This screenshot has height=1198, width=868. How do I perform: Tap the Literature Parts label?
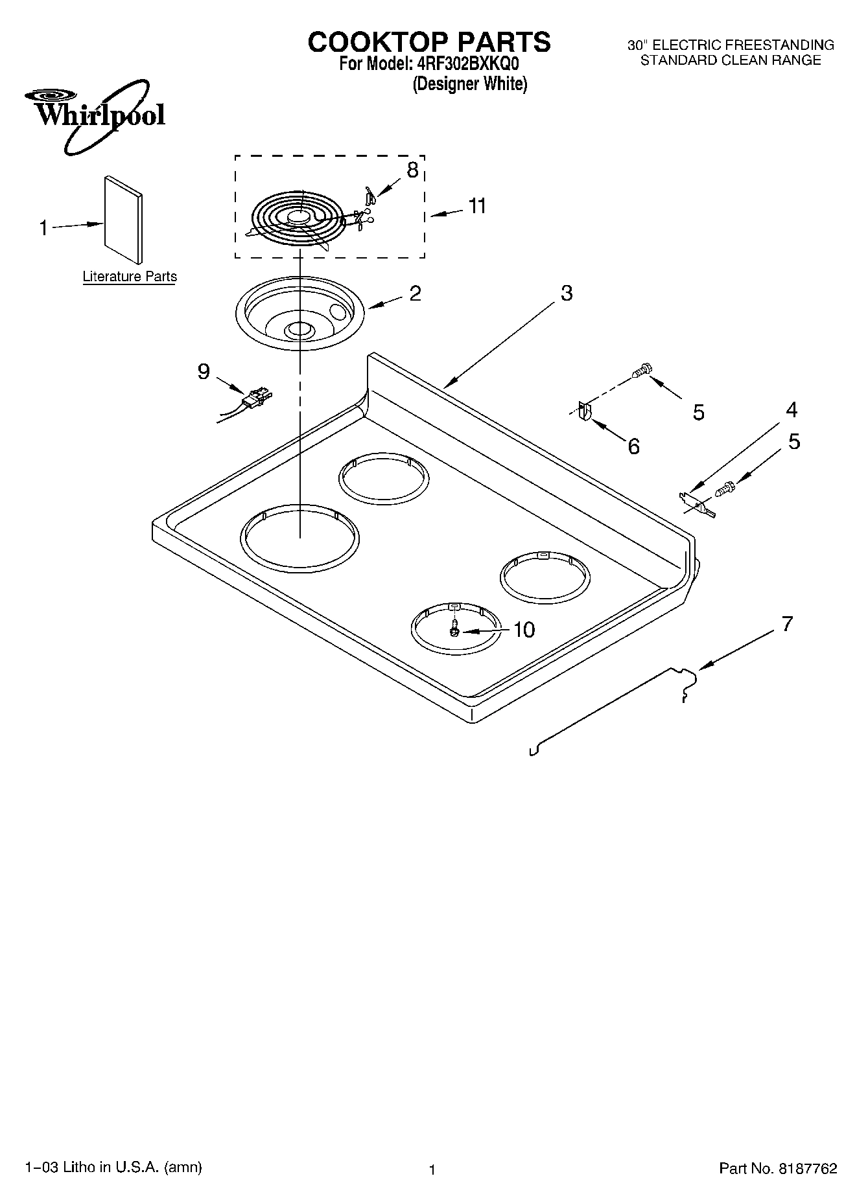(130, 277)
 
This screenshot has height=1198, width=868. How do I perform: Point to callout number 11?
(476, 206)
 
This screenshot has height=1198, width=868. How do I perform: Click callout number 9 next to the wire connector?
(204, 371)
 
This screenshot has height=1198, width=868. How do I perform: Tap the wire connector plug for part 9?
(257, 398)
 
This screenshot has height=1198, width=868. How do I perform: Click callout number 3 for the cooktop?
(566, 293)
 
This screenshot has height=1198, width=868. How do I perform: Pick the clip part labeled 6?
(584, 411)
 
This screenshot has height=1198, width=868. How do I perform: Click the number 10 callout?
(523, 629)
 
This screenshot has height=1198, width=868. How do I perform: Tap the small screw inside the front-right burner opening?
(455, 628)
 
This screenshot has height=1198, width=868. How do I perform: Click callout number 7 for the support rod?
(786, 623)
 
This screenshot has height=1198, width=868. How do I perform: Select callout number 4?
(791, 409)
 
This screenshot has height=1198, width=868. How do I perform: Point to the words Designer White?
(470, 84)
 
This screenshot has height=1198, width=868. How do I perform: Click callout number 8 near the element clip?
(412, 170)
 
